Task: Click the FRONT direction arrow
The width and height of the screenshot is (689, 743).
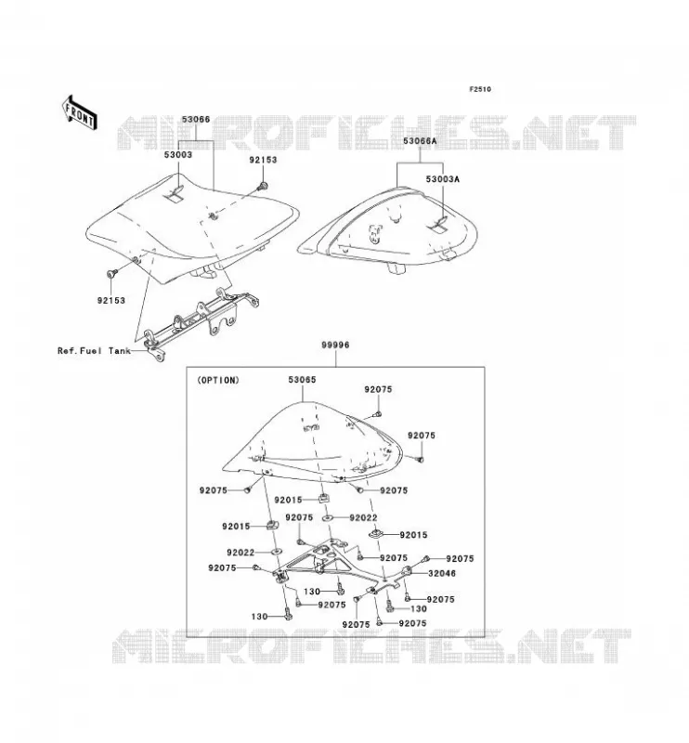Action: coord(80,113)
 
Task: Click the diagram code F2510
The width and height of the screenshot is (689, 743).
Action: coord(480,89)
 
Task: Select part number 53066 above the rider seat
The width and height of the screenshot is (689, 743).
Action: coord(196,120)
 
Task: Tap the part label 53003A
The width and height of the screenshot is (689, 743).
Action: coord(443,179)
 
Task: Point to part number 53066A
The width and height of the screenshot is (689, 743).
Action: coord(420,141)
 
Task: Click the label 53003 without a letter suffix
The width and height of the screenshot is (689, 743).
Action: coord(178,154)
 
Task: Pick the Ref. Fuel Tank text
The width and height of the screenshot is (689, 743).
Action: coord(94,351)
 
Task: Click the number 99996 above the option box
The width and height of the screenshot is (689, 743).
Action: coord(335,345)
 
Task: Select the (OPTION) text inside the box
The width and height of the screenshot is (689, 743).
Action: coord(218,380)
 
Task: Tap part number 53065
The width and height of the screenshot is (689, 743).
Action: coord(302,380)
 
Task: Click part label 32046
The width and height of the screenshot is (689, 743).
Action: coord(442,573)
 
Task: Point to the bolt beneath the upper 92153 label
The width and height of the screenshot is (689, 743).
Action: coord(262,187)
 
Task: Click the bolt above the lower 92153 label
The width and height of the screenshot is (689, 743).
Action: coord(112,273)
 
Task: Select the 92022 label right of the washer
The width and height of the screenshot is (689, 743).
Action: coord(363,518)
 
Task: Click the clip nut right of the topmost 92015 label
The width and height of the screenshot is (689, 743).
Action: coord(323,498)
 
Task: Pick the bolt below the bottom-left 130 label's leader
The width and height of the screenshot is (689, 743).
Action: coord(288,615)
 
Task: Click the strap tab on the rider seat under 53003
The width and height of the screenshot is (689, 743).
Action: coord(175,195)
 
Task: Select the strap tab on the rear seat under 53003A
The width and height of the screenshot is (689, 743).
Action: coord(438,225)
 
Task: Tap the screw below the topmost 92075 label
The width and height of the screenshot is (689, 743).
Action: coord(378,414)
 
